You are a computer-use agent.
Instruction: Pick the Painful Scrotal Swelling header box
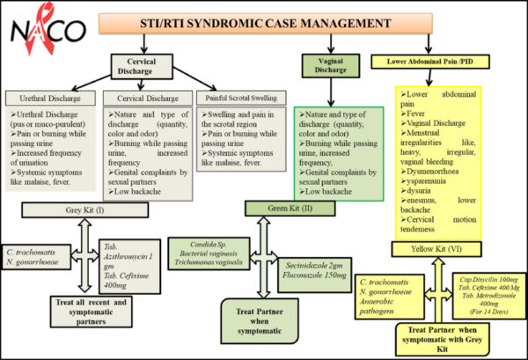[238, 97]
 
